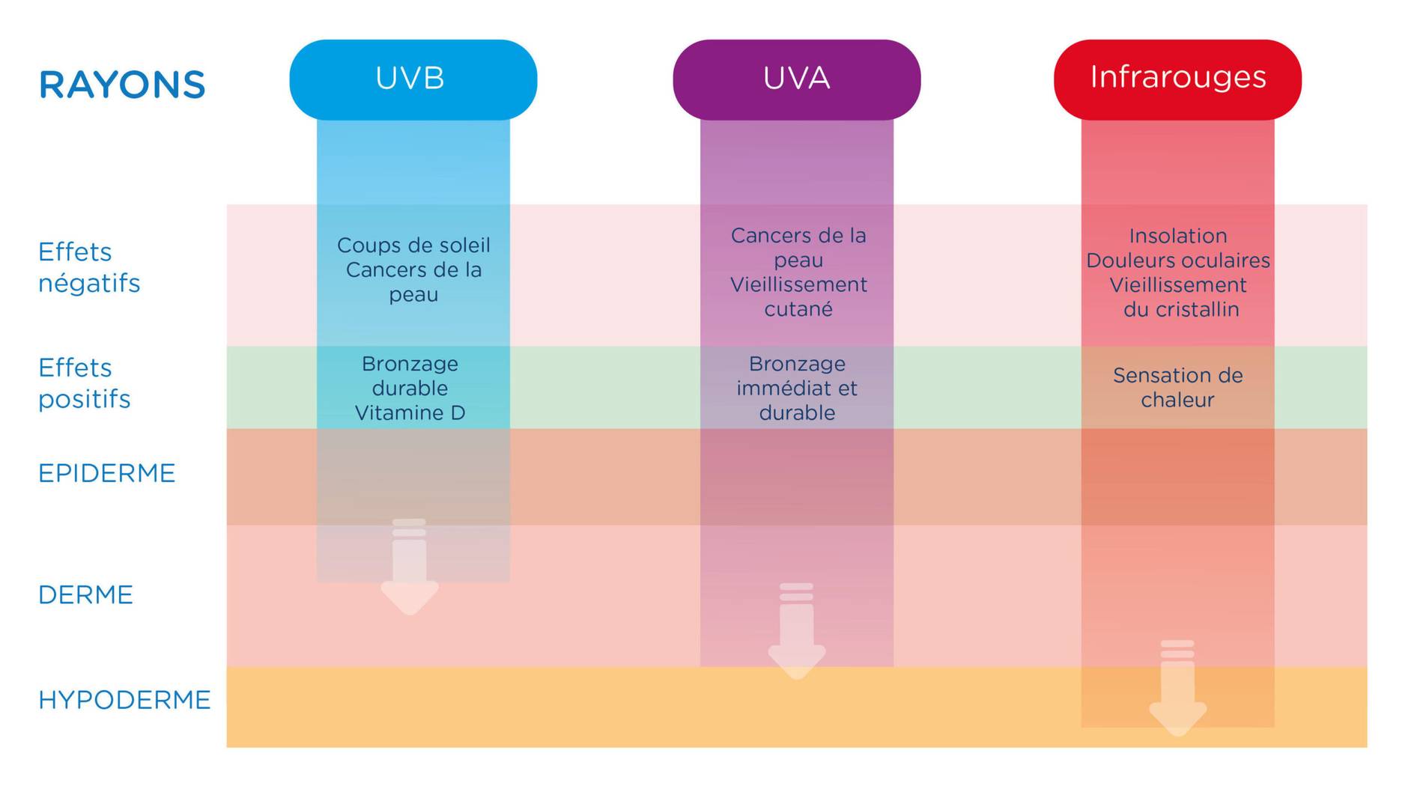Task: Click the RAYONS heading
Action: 122,85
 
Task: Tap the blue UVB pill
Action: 413,79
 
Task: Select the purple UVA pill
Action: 796,79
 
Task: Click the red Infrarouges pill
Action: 1177,79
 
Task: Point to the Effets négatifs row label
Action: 88,267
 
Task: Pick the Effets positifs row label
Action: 84,383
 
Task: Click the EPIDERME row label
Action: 106,474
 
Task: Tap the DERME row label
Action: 85,595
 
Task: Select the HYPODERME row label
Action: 124,700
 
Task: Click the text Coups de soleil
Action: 413,246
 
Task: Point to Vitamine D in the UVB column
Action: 410,413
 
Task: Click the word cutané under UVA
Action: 798,309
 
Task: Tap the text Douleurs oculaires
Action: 1178,261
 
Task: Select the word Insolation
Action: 1178,236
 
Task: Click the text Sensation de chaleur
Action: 1177,387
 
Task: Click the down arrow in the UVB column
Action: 410,569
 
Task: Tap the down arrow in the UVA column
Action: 796,633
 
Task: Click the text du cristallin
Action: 1181,310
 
